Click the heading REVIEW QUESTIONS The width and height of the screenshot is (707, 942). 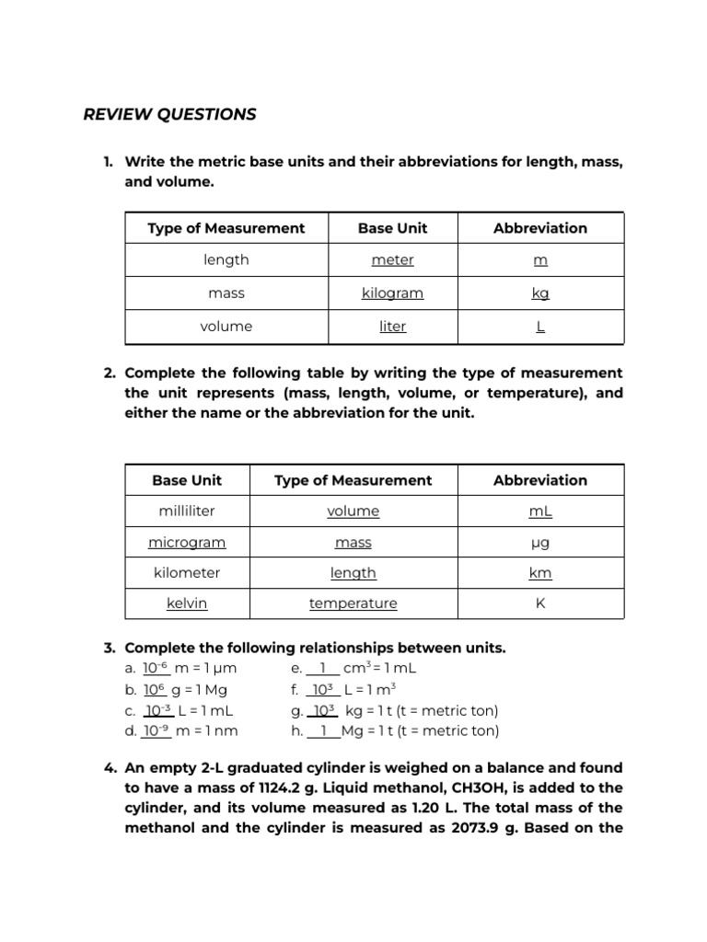click(169, 114)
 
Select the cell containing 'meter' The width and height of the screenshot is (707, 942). click(392, 260)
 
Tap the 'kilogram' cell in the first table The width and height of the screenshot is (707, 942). click(392, 293)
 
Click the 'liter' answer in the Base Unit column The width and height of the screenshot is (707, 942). click(392, 327)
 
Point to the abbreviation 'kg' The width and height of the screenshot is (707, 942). click(540, 293)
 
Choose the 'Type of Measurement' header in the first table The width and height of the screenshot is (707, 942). click(226, 228)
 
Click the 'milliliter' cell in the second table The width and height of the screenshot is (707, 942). click(187, 511)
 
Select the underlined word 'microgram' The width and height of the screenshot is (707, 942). click(187, 543)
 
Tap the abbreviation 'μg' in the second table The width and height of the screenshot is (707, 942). click(540, 543)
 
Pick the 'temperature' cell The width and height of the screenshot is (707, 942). click(353, 603)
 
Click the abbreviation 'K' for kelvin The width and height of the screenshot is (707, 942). click(540, 603)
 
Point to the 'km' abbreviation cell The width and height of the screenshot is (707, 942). click(540, 573)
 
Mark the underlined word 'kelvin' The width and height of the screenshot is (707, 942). click(187, 603)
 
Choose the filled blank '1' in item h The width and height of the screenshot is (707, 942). click(323, 731)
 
